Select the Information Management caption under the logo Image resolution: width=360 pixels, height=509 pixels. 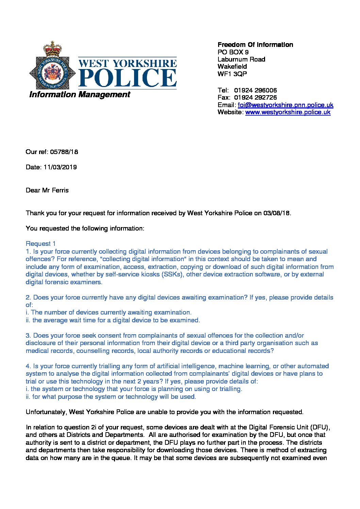pyautogui.click(x=80, y=95)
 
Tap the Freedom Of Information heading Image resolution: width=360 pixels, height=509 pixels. pyautogui.click(x=255, y=45)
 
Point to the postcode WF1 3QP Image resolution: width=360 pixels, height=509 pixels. pyautogui.click(x=232, y=74)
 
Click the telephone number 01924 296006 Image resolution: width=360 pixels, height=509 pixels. pyautogui.click(x=256, y=90)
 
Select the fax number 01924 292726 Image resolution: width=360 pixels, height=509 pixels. pyautogui.click(x=256, y=98)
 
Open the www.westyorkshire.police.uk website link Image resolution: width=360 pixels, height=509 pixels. pyautogui.click(x=288, y=112)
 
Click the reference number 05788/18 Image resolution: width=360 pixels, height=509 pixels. pyautogui.click(x=64, y=152)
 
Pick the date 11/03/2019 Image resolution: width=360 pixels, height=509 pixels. pyautogui.click(x=60, y=167)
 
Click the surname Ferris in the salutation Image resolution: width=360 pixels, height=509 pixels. pyautogui.click(x=60, y=190)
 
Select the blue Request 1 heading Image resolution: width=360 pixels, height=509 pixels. pyautogui.click(x=40, y=243)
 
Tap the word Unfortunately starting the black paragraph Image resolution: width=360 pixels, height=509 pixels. pyautogui.click(x=46, y=412)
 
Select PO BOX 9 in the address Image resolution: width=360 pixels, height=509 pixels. pyautogui.click(x=233, y=52)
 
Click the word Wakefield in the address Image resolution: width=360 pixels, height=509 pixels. pyautogui.click(x=232, y=66)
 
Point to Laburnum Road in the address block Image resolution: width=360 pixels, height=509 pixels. pyautogui.click(x=241, y=59)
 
